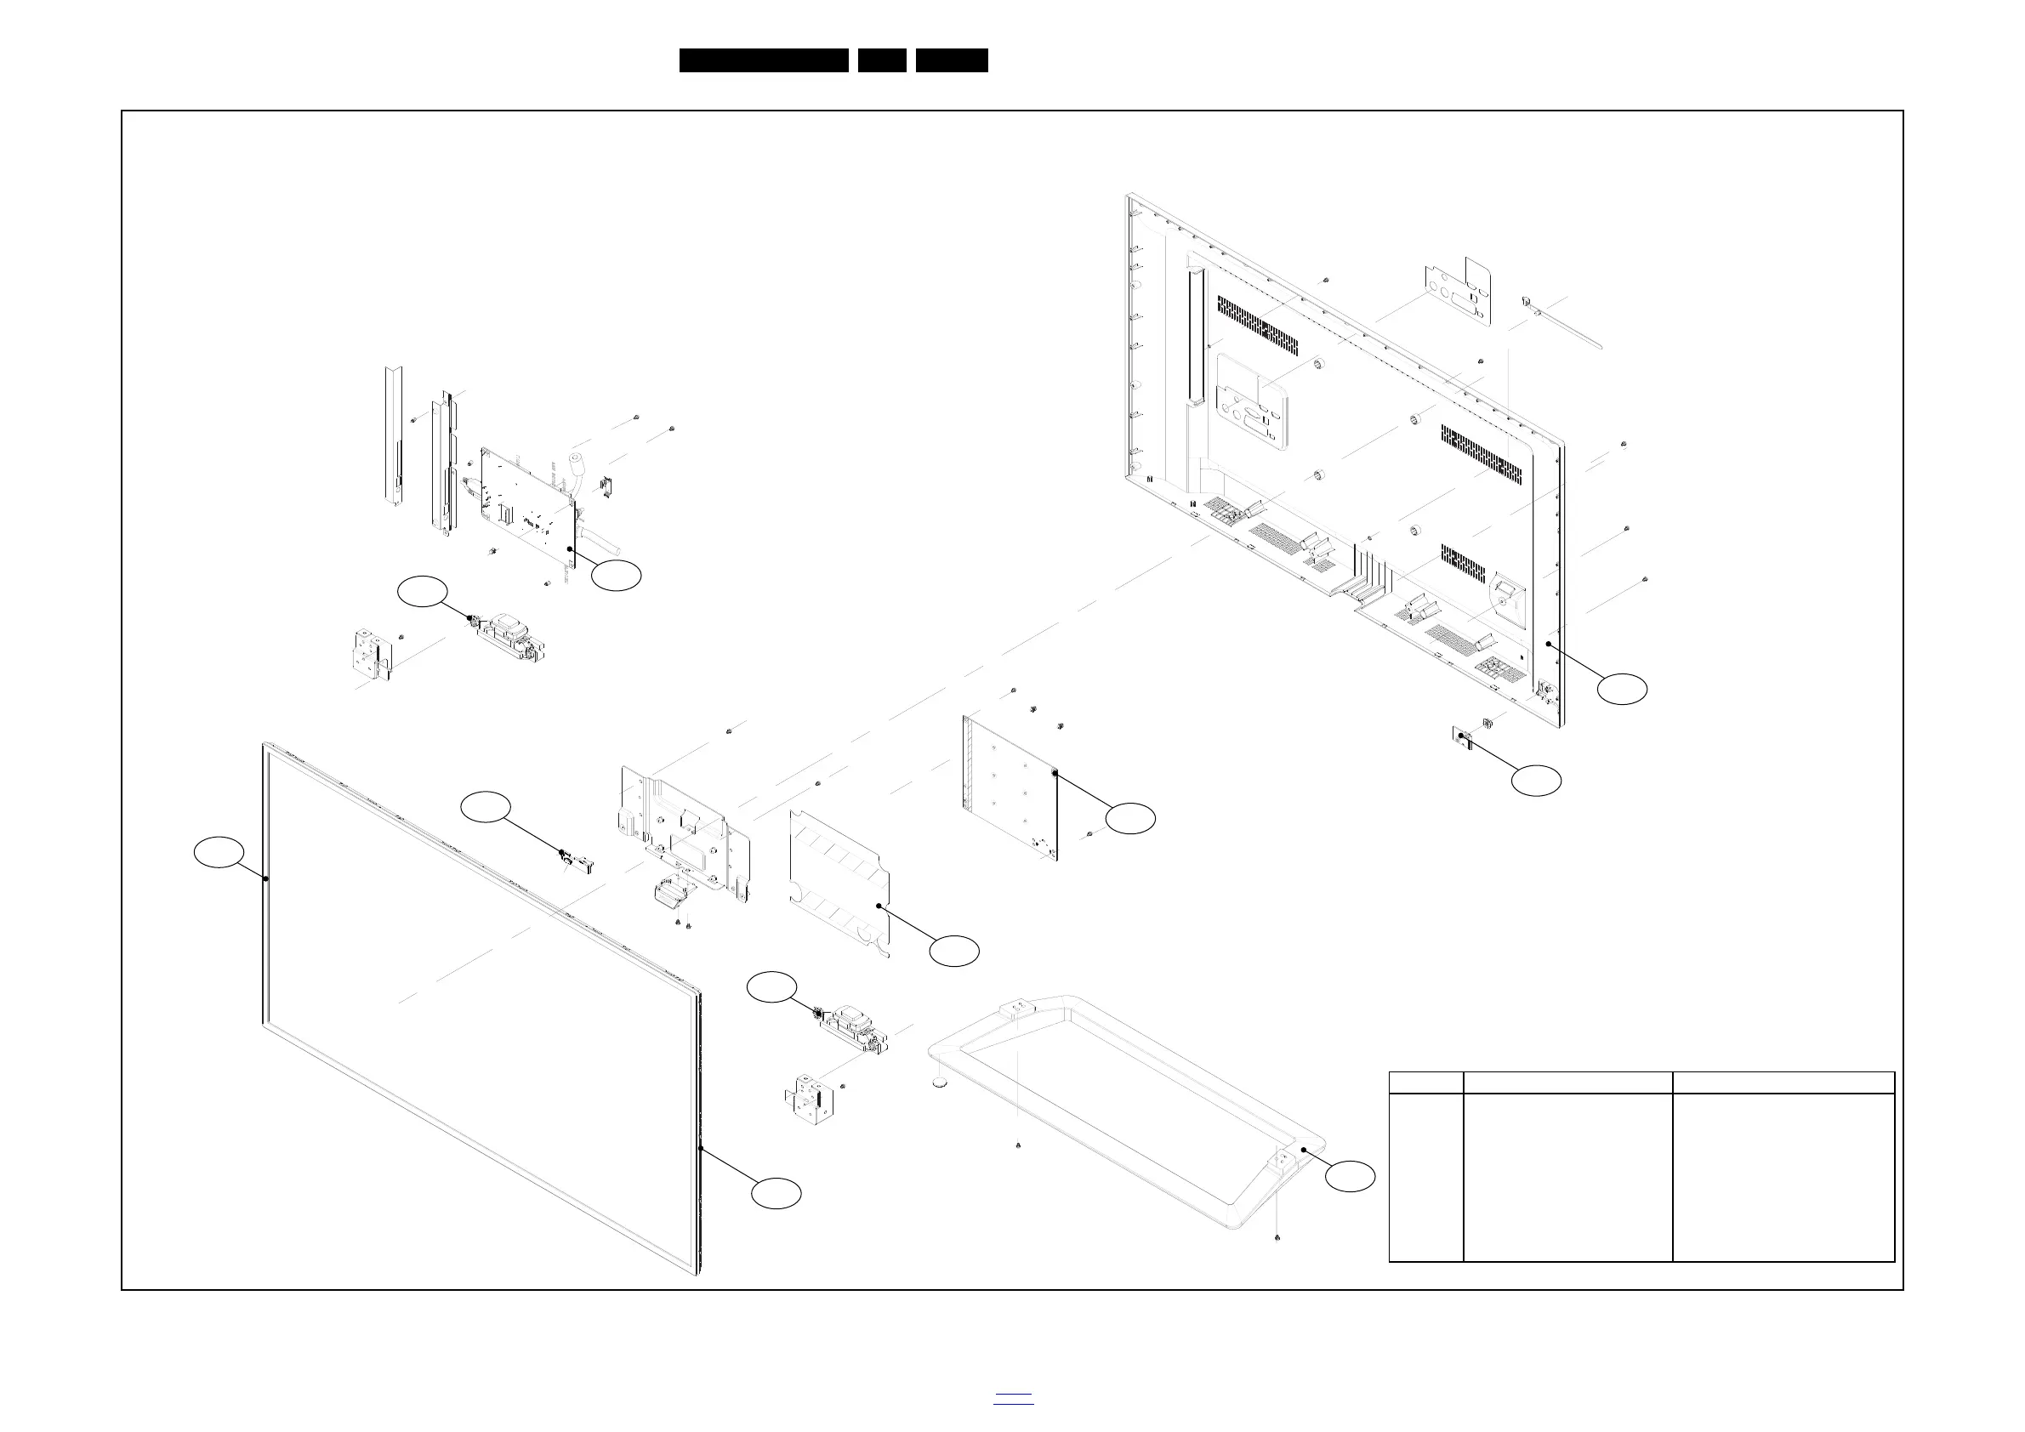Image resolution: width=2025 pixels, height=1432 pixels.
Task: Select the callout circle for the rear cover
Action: pos(1624,689)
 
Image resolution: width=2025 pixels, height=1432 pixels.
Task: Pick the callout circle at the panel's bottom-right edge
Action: pos(776,1193)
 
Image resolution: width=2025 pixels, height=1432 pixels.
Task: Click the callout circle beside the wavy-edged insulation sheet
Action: pos(955,951)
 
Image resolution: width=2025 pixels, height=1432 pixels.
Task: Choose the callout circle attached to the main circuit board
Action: pos(616,575)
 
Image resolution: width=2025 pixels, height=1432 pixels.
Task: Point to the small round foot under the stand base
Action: pos(940,1081)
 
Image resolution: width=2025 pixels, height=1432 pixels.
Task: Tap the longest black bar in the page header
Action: pos(763,60)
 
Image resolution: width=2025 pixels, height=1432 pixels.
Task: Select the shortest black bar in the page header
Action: pos(882,60)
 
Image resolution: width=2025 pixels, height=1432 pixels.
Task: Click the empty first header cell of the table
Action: pos(1425,1083)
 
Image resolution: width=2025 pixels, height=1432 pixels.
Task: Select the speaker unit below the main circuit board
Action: pos(509,637)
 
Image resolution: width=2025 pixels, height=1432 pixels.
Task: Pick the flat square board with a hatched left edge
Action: pos(1010,787)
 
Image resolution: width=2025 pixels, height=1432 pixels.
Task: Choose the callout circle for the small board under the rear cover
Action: pos(1535,781)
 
